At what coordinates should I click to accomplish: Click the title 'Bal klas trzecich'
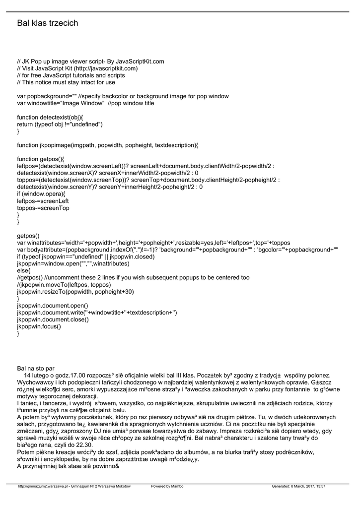click(48, 23)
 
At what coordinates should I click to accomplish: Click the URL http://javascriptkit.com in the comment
click(105, 68)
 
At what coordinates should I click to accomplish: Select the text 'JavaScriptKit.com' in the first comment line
click(140, 62)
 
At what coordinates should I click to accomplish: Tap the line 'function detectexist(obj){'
click(50, 117)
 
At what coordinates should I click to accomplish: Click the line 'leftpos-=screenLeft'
click(43, 201)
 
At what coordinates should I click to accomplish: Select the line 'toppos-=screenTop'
click(43, 208)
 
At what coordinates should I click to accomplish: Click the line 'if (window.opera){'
click(41, 194)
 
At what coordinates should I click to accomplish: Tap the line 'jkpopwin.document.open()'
click(53, 306)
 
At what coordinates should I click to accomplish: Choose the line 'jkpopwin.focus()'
click(39, 326)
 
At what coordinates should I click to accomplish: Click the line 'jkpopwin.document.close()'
click(53, 319)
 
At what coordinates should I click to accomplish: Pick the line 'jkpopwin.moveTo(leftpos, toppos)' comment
click(64, 285)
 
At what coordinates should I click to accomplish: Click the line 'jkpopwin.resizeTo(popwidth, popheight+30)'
click(75, 292)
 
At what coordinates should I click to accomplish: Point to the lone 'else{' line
click(23, 271)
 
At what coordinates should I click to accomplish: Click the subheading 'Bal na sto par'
click(35, 369)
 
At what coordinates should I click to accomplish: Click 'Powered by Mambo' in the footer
click(167, 487)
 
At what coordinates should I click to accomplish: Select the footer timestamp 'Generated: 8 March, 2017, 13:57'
click(299, 487)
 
